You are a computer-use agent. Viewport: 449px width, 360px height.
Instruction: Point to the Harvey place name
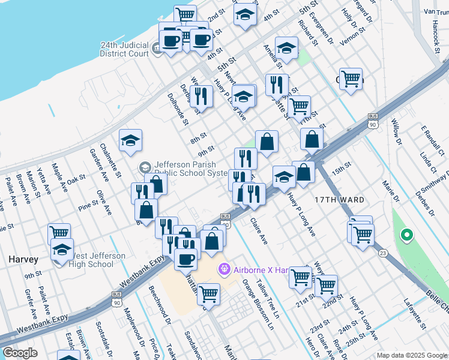[23, 260]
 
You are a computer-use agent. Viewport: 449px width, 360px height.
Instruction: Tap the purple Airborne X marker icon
[225, 270]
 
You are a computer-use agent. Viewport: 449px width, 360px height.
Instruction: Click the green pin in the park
[406, 235]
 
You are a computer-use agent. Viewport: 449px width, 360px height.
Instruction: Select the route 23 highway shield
[382, 254]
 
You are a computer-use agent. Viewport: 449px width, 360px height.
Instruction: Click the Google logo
[20, 353]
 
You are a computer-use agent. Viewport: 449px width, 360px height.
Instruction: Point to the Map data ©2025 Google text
[411, 355]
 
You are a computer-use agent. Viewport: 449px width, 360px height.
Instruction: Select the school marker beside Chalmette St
[130, 141]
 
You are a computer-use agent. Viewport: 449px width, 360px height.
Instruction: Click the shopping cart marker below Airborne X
[208, 294]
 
